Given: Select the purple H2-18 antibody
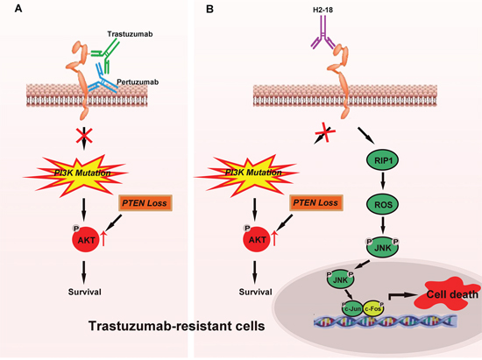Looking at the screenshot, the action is [x=323, y=34].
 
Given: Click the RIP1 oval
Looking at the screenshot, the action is [x=383, y=160].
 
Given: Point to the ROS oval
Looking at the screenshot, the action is [x=383, y=204].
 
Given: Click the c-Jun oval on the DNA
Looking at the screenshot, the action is [x=352, y=308].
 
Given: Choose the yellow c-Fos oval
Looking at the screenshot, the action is [x=373, y=308].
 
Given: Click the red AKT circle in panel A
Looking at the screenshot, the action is [x=86, y=240].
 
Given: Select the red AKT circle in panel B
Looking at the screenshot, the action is [x=257, y=240].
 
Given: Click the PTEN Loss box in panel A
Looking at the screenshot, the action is [x=145, y=203].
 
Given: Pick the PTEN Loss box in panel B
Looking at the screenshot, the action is [x=315, y=202].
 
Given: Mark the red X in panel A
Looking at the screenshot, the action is [x=84, y=136].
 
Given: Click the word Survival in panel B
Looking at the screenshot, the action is [x=255, y=292].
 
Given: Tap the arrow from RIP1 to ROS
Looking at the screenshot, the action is [x=383, y=181].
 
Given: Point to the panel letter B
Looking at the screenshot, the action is [x=209, y=9].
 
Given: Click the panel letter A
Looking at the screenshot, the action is [x=18, y=9].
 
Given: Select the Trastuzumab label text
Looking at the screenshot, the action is [x=130, y=34].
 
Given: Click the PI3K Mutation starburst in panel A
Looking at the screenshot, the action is [x=76, y=174].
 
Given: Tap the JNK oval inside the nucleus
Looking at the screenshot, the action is [x=341, y=279].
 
